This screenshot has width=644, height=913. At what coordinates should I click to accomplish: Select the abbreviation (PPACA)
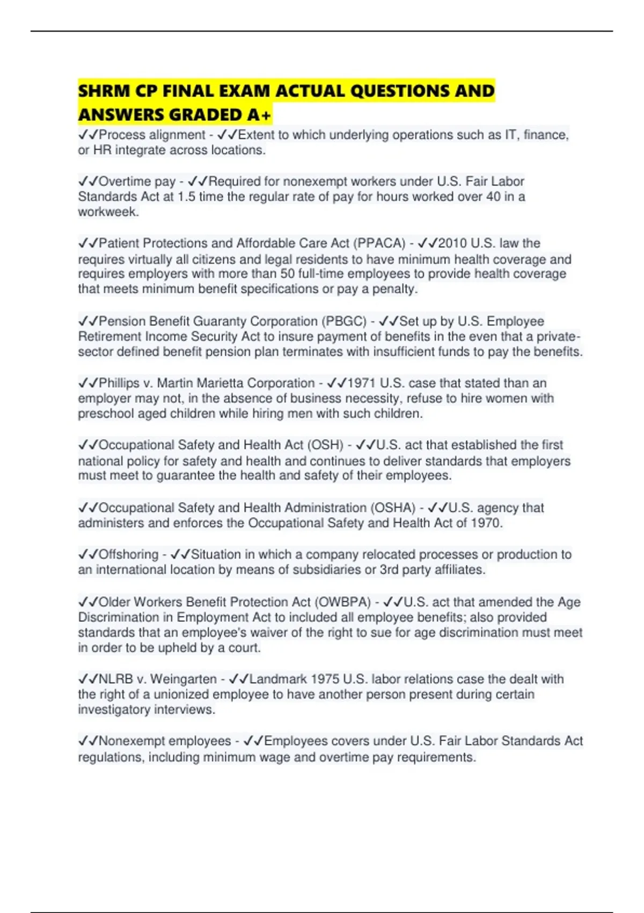379,243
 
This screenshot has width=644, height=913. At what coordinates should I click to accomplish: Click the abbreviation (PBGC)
344,321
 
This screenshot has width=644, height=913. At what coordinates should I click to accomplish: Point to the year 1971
362,383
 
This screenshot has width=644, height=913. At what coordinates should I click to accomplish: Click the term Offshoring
129,554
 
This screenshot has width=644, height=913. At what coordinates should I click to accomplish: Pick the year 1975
325,679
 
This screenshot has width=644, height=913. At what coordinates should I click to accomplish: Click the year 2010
452,243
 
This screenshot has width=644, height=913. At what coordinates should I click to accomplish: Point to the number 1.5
186,197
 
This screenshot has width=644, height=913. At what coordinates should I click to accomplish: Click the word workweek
108,212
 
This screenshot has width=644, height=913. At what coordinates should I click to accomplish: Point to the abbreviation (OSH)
325,445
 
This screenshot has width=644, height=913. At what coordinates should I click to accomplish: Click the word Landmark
279,679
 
